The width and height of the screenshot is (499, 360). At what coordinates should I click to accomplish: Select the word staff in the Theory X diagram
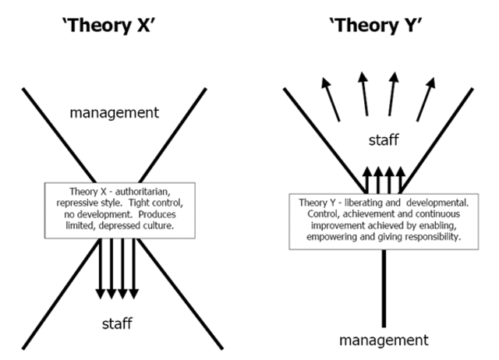click(x=118, y=321)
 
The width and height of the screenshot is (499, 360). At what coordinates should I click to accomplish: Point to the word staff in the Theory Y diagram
click(x=384, y=141)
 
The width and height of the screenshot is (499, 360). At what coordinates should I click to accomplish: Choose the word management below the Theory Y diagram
click(x=384, y=340)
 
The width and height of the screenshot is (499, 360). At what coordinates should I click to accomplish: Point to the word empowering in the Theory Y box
click(x=334, y=236)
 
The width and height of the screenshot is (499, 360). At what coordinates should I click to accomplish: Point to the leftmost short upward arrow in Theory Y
click(x=367, y=178)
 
